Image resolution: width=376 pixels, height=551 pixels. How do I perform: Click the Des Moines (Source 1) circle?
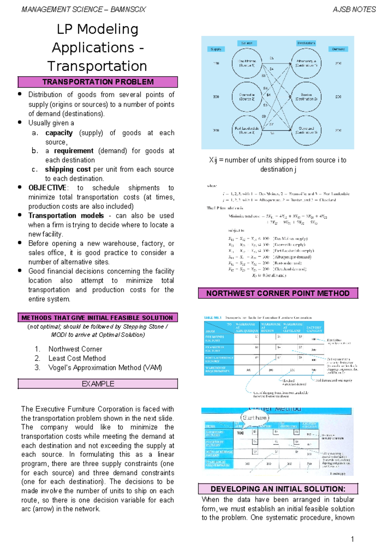coord(247,63)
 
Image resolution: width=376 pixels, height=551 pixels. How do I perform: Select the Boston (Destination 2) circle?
coord(306,97)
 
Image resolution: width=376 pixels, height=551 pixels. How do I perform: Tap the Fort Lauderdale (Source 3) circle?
coord(247,130)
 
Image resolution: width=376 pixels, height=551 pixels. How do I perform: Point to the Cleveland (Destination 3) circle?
coord(306,130)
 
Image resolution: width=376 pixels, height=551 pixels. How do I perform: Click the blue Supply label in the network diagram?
coord(216,49)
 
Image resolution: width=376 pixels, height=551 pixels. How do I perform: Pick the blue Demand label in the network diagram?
coord(338,49)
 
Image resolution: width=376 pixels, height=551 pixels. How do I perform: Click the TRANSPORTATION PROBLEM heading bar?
coord(98,82)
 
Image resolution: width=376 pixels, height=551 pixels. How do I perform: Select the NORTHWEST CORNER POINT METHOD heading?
coord(278,293)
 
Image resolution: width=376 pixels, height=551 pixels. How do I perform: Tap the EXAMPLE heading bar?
coord(98,384)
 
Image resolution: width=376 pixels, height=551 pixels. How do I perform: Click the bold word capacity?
coord(59,133)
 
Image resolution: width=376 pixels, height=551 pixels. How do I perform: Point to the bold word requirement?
coord(74,151)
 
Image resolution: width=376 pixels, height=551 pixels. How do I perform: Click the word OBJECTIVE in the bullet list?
coord(48,188)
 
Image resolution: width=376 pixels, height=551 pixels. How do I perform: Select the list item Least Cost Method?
coord(77,358)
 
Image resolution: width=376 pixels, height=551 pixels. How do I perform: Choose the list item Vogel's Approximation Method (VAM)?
coord(105,368)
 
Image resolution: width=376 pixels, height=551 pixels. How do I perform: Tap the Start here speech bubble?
coord(255,418)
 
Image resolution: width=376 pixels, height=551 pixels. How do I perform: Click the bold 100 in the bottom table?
coord(240,433)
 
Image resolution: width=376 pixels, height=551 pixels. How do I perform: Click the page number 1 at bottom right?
coord(352,539)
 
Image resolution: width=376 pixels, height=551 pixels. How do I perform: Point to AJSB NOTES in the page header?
coord(354,10)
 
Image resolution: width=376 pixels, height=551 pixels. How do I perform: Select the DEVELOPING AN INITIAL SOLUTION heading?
coord(278,489)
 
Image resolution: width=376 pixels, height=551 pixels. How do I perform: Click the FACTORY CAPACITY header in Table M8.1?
coord(314,329)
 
